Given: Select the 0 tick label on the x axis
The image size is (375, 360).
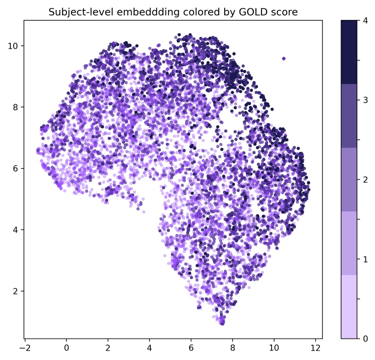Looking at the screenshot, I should [x=66, y=348].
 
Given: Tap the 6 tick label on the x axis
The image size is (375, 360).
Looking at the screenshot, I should [x=191, y=348].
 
